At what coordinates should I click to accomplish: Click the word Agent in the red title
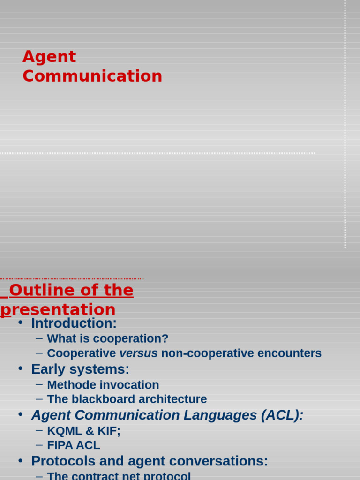49,57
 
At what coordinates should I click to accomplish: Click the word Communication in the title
92,76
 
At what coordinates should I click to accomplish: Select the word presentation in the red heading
58,310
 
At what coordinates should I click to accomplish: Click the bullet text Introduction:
74,323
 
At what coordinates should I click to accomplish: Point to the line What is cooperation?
107,339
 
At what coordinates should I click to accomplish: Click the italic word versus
138,353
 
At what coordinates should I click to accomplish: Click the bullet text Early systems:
80,369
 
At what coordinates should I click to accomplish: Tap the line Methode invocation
103,385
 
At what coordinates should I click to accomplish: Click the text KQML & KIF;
83,431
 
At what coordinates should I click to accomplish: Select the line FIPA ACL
73,445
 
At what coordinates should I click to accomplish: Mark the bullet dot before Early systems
20,369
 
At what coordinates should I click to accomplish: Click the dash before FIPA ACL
39,444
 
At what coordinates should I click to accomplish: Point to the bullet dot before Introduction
20,323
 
